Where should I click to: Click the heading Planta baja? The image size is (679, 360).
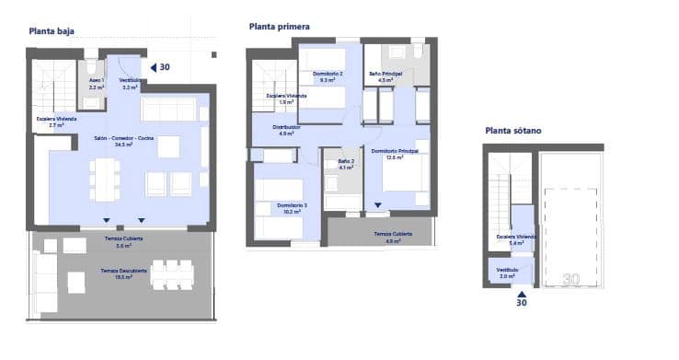52,30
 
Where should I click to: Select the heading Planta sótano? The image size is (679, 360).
513,131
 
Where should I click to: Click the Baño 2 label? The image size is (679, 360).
346,162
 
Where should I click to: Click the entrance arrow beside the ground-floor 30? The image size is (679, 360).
154,66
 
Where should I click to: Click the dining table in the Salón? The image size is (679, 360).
106,180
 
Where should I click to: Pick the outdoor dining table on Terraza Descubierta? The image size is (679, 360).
172,275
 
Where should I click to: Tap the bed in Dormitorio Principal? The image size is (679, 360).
401,173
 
